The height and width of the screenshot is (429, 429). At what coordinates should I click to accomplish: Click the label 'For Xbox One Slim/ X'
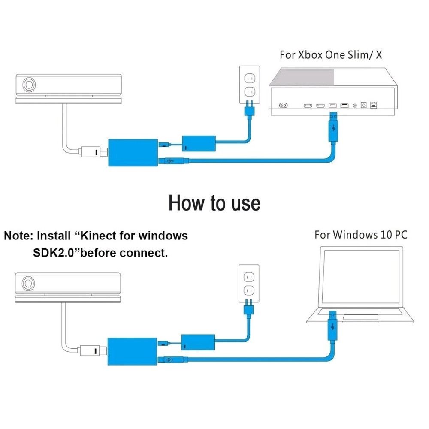pyautogui.click(x=330, y=55)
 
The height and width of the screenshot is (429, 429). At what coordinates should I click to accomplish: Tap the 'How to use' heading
pyautogui.click(x=214, y=202)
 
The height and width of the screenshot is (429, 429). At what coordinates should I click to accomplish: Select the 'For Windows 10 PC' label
pyautogui.click(x=360, y=235)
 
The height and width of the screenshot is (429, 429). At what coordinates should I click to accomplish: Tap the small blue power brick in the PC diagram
pyautogui.click(x=198, y=343)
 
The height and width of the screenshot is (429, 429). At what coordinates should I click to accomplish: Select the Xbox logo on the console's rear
pyautogui.click(x=284, y=106)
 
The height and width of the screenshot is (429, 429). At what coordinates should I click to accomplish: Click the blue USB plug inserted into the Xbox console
pyautogui.click(x=334, y=124)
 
